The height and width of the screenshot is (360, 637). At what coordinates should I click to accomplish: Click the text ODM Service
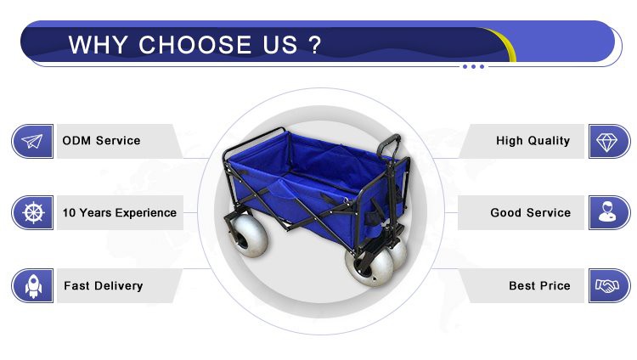click(101, 141)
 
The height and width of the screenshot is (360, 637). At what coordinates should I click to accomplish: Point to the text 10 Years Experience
click(119, 212)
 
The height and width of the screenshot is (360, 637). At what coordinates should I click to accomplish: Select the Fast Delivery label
click(103, 286)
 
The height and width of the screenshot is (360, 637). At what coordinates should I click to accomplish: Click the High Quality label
click(533, 141)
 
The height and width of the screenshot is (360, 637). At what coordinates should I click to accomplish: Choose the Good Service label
click(530, 212)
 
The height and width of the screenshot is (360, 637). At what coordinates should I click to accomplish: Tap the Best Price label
click(539, 286)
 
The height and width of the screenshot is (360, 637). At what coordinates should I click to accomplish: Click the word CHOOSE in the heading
click(196, 45)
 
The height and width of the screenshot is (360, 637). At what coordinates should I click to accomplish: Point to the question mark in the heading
click(315, 45)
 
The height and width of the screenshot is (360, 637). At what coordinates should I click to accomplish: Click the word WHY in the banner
click(99, 45)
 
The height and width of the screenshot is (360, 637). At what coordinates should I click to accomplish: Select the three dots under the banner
click(474, 66)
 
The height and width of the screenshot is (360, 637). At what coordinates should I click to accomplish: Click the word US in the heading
click(279, 45)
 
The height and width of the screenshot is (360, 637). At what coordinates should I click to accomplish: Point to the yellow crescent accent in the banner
click(506, 48)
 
